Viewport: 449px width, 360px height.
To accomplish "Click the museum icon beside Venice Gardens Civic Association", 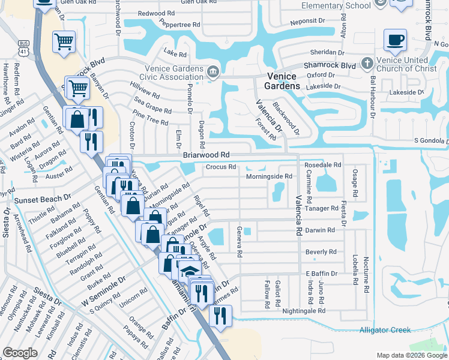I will point(212,73).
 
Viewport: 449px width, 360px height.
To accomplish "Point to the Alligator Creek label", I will point(385,330).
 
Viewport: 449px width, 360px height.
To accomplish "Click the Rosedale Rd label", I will point(322,164).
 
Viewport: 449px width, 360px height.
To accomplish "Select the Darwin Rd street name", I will point(320,230).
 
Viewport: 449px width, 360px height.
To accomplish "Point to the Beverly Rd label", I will point(321,252).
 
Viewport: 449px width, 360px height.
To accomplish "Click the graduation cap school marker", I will point(189,271).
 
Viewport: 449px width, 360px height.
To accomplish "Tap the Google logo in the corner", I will point(20,353).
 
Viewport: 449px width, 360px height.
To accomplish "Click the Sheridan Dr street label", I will point(325,52).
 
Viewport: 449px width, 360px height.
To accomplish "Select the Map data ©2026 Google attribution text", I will point(411,355).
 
